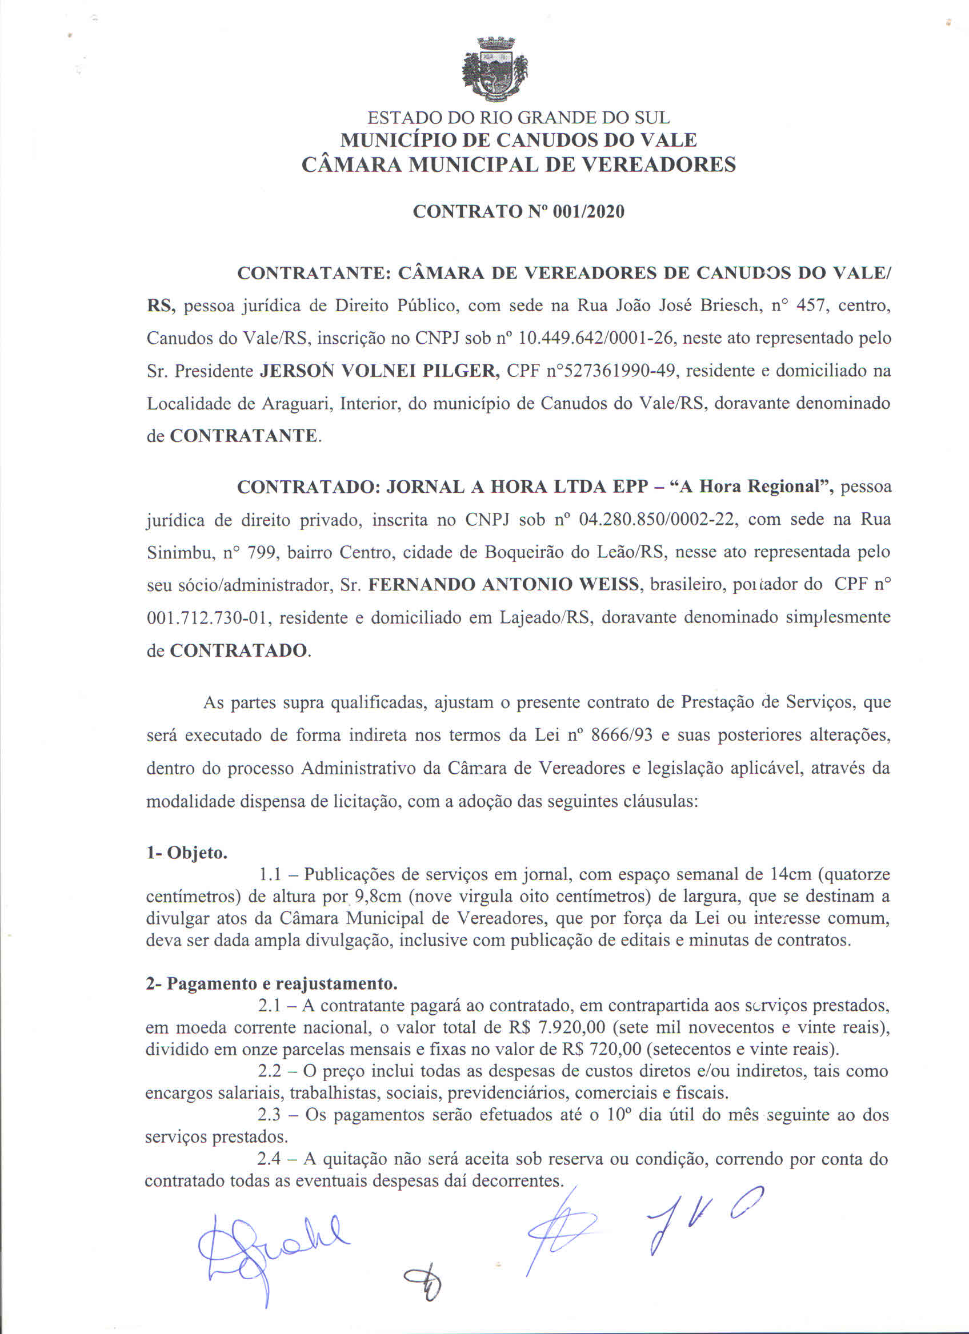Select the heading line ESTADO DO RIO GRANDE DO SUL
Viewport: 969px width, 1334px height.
[518, 118]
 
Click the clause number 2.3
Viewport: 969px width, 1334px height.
[271, 1115]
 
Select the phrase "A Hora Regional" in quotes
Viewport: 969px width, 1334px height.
[752, 488]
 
